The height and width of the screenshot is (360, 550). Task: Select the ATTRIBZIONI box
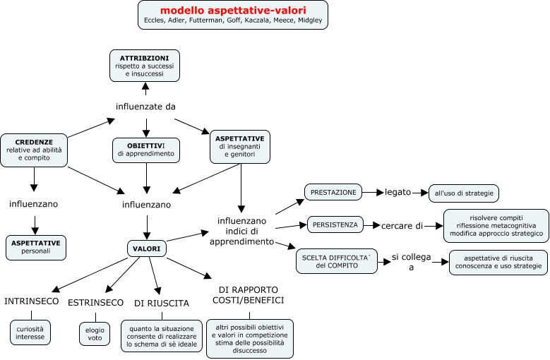click(145, 65)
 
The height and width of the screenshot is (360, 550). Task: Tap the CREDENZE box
click(34, 150)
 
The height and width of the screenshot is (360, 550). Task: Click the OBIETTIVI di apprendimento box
click(146, 150)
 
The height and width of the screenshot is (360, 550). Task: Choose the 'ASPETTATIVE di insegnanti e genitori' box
click(240, 146)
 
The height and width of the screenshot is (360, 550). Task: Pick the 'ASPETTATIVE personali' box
click(36, 246)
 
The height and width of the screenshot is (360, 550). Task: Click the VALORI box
click(146, 248)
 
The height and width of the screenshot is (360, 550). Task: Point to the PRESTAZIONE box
click(334, 192)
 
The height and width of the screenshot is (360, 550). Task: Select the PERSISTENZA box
click(335, 225)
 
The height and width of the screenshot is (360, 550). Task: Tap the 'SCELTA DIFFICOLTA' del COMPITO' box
click(336, 260)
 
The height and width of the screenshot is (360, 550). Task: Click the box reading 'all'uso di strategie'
click(464, 192)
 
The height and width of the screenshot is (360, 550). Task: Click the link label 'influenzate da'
click(145, 107)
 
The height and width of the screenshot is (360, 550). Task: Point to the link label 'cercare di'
click(402, 226)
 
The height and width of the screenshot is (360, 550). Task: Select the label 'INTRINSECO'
click(30, 301)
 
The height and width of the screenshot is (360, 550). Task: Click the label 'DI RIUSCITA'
click(162, 303)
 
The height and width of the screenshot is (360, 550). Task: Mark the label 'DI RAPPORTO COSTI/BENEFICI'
click(248, 295)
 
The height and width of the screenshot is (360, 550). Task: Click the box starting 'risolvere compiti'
click(496, 225)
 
